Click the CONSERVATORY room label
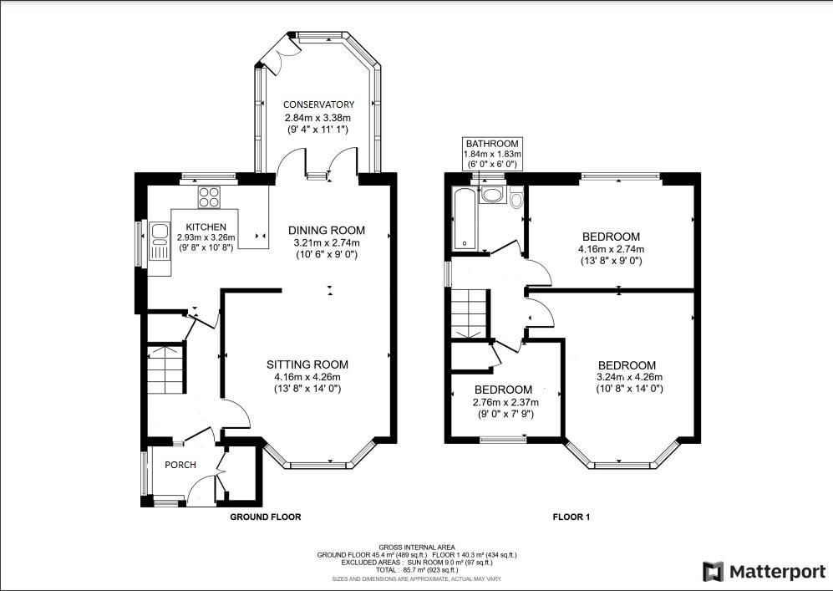pos(318,104)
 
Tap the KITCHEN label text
pos(206,227)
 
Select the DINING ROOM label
pos(327,231)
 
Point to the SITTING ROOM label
pos(307,364)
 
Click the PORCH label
pos(180,465)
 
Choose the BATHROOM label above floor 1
pos(493,144)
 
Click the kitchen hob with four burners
pos(209,198)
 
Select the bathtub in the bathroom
pos(463,219)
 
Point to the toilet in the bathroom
pos(515,200)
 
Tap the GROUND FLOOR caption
pos(265,517)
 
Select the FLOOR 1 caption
pos(571,517)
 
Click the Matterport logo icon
pos(713,571)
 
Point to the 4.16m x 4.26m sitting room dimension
pos(307,377)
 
